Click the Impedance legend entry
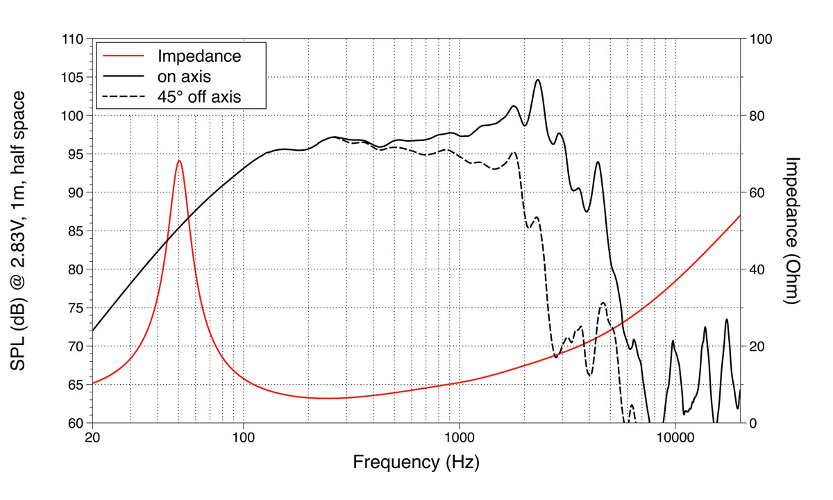coord(199,56)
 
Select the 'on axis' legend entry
coord(184,76)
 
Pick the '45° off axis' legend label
coord(199,97)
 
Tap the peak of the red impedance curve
coord(179,160)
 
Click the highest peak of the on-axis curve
coord(537,80)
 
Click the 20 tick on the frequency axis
coord(92,438)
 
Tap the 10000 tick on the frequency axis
coord(675,438)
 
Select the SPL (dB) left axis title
coord(21,231)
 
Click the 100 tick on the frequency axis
coord(243,438)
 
